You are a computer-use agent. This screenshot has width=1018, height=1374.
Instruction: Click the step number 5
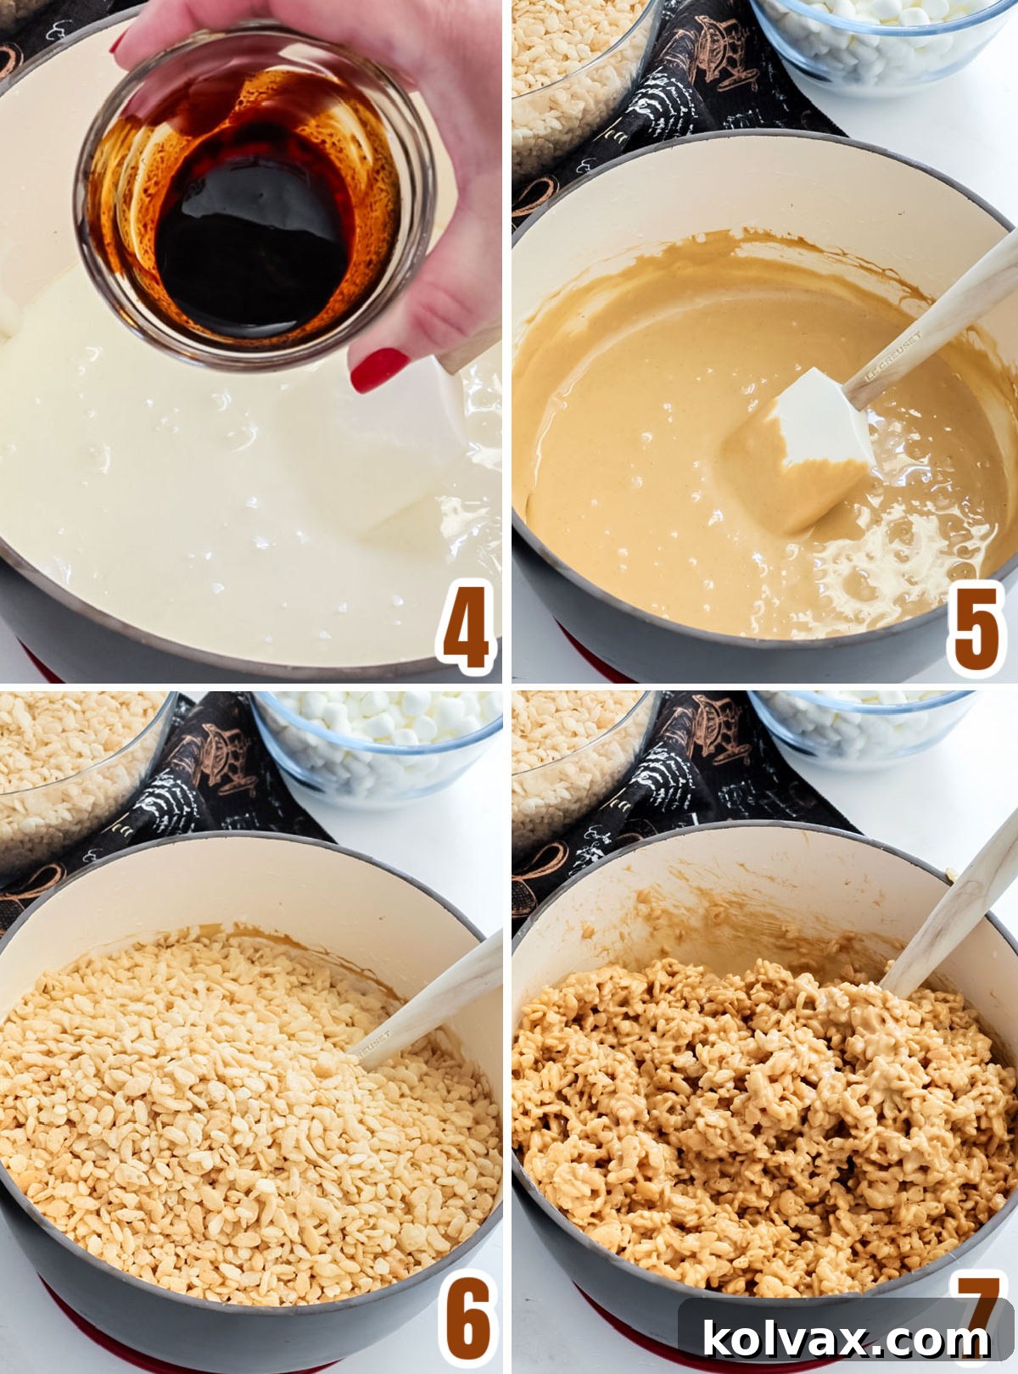coord(976,628)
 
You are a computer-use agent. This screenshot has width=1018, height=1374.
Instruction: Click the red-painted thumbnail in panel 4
coord(378,369)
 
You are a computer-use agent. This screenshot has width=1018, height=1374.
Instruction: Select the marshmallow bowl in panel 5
coord(882,38)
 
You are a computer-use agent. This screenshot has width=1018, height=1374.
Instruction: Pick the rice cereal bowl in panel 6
coord(76,772)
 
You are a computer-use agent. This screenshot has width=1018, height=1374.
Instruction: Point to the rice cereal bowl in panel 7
coord(577,763)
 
